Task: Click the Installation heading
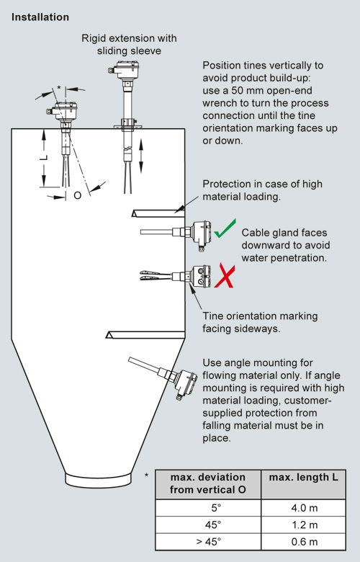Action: tap(40, 17)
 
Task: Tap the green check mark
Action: tap(224, 229)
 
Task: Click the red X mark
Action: tap(225, 275)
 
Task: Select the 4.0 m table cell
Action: tap(304, 508)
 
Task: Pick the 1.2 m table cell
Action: tap(304, 525)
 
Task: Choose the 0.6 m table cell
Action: tap(304, 542)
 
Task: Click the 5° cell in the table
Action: tap(209, 508)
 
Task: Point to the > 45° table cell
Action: tap(209, 542)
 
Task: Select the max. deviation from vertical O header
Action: tap(208, 483)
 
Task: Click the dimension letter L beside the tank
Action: tap(44, 157)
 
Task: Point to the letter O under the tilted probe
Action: tap(77, 195)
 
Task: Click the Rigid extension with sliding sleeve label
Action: tap(129, 45)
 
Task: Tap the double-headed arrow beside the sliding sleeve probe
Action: tap(141, 156)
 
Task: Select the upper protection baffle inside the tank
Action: tap(158, 213)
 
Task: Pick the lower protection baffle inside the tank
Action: tap(145, 335)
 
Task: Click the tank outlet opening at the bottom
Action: tap(98, 480)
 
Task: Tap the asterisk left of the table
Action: tap(146, 476)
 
